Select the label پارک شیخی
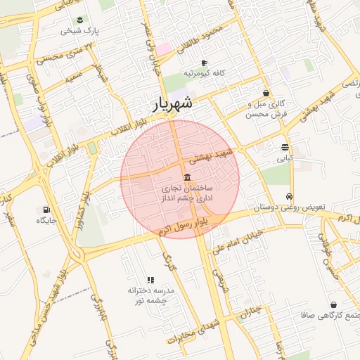tap(80, 31)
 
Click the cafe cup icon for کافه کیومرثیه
tap(204, 62)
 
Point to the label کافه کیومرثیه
tap(203, 73)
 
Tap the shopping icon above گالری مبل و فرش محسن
tap(266, 93)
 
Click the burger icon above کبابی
tap(284, 148)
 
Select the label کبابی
tap(284, 159)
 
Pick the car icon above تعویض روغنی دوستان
tap(289, 198)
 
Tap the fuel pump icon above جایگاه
tap(46, 210)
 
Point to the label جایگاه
tap(46, 221)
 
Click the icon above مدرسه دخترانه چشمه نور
tap(150, 280)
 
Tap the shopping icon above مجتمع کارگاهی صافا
tap(333, 305)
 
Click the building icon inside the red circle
tap(186, 178)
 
